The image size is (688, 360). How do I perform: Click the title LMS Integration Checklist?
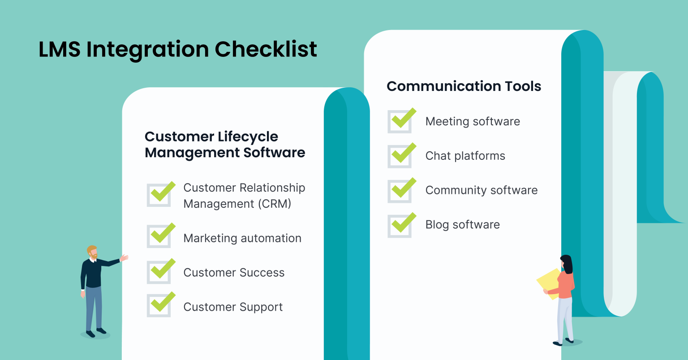click(178, 49)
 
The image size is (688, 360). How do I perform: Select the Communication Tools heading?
click(464, 86)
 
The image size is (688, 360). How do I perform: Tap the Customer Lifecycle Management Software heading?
click(224, 145)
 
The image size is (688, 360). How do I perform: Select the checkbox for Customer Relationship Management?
click(159, 195)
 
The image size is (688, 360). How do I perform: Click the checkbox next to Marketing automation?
click(159, 236)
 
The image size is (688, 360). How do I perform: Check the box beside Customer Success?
click(159, 272)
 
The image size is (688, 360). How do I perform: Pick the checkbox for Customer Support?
click(159, 305)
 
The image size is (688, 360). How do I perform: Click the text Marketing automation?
click(242, 238)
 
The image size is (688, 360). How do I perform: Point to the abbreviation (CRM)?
click(274, 204)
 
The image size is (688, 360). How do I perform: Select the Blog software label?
click(462, 225)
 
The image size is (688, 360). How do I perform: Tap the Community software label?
click(481, 190)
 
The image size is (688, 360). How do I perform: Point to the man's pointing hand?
click(124, 258)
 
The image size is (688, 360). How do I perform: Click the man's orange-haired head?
click(92, 251)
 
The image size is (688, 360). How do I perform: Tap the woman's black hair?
click(567, 264)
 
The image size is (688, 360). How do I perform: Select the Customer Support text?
click(233, 307)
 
